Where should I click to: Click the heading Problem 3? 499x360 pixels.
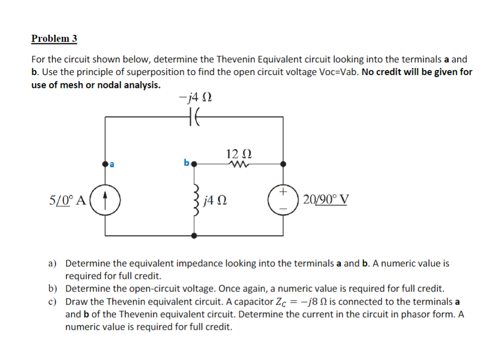(54, 38)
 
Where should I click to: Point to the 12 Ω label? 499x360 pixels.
(238, 153)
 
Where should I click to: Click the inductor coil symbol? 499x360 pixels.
(194, 202)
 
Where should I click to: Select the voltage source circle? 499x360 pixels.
(283, 199)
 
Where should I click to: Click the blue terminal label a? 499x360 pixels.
(112, 164)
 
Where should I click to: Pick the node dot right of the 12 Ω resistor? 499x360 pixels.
(283, 164)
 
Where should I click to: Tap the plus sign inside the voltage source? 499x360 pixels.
(283, 192)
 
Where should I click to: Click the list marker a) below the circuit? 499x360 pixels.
(53, 263)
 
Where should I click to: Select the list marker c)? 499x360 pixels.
(52, 302)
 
